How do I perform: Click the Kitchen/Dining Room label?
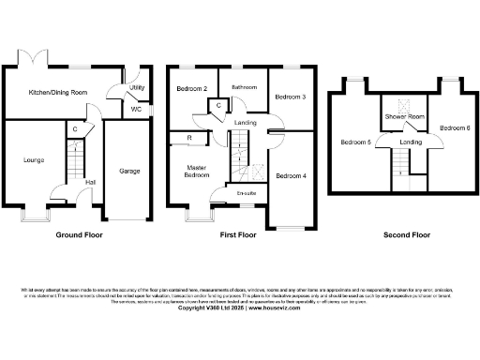[x=58, y=92]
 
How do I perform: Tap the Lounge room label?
[x=34, y=159]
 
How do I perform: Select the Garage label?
[x=128, y=171]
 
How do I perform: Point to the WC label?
[x=137, y=109]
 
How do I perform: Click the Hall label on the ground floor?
[x=90, y=182]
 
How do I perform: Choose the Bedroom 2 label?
[x=192, y=89]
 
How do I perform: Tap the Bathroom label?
[x=245, y=86]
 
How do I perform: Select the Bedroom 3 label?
[x=290, y=96]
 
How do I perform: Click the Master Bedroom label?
[x=197, y=172]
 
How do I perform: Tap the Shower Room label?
[x=405, y=116]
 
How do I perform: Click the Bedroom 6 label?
[x=456, y=127]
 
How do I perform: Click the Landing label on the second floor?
[x=411, y=142]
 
